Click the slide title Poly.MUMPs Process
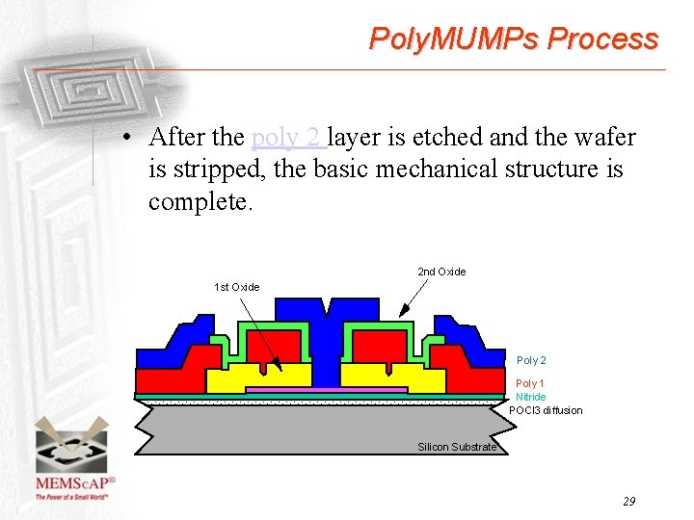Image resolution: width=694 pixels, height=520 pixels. click(x=514, y=39)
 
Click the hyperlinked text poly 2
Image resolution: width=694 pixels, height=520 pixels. click(x=286, y=138)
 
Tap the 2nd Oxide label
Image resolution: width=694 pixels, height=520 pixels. click(x=441, y=272)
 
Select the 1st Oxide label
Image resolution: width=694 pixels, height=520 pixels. click(x=236, y=287)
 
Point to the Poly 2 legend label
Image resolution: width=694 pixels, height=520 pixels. click(x=531, y=360)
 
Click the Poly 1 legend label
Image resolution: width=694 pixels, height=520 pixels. click(x=530, y=384)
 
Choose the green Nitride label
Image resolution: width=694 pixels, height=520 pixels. click(x=530, y=397)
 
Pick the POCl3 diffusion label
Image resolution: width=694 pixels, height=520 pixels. click(x=546, y=410)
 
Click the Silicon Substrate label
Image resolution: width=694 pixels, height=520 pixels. click(x=457, y=447)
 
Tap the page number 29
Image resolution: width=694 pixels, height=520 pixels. click(x=628, y=501)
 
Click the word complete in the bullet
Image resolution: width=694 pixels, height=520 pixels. click(x=200, y=201)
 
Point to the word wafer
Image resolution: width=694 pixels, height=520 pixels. click(x=605, y=138)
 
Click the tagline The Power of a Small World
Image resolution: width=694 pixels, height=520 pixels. click(x=72, y=497)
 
